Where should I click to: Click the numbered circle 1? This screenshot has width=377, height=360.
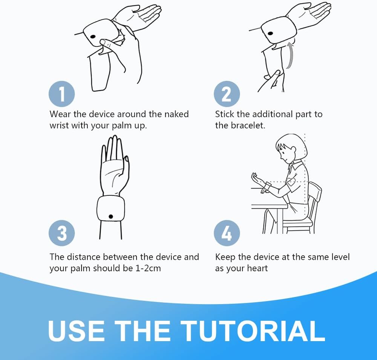(61, 94)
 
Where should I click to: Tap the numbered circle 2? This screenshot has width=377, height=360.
(227, 94)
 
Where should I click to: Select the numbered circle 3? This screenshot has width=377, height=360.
(61, 233)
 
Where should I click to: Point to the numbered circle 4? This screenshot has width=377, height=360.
(227, 233)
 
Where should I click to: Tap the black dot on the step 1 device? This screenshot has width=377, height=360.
(93, 37)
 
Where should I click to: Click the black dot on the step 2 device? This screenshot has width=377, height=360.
(270, 33)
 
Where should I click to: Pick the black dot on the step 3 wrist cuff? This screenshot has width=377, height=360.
(111, 217)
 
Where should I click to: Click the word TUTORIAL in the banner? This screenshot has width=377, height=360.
(253, 331)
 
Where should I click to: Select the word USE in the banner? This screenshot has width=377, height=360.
(77, 331)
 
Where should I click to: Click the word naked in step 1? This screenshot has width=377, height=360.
(176, 114)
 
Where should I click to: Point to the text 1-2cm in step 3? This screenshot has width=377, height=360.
(148, 268)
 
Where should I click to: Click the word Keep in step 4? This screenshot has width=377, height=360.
(225, 257)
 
